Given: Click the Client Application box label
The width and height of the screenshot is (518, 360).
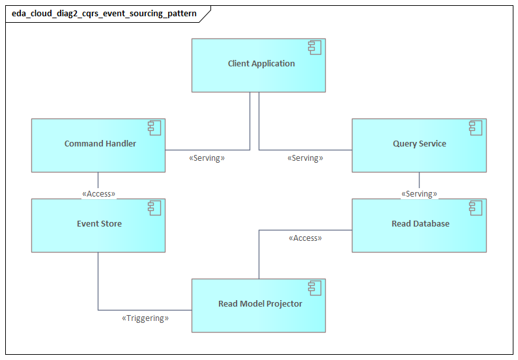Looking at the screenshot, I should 261,64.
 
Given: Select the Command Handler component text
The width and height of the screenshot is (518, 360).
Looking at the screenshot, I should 100,144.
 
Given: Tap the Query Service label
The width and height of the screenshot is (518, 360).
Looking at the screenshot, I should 419,144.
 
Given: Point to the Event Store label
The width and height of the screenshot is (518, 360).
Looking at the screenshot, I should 99,224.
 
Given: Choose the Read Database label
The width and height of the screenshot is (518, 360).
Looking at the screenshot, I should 420,224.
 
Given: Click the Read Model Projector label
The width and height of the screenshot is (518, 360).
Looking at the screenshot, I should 260,304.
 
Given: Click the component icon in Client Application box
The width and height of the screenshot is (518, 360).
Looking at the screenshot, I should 315,48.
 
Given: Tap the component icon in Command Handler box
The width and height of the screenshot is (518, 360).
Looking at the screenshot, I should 155,128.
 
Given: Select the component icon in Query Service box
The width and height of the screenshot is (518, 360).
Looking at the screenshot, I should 476,128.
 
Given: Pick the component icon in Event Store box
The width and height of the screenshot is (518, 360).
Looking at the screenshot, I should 155,208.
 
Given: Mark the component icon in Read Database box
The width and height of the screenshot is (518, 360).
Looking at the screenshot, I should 476,208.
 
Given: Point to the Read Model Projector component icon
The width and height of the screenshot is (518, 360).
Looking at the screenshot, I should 315,288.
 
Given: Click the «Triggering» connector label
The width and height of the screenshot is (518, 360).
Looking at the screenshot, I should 145,318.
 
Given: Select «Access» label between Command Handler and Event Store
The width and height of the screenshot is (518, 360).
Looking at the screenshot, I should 98,194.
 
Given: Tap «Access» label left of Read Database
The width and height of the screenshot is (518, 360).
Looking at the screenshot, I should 305,238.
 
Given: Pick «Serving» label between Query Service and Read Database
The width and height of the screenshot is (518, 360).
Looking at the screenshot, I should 419,194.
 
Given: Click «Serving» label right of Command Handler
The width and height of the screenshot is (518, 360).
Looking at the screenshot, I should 207,158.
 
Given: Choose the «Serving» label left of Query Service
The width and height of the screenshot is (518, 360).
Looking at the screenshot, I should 305,158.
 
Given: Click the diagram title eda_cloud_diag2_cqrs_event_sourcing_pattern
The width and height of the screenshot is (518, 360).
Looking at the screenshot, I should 104,14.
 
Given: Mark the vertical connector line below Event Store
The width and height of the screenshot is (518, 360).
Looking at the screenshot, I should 98,280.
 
